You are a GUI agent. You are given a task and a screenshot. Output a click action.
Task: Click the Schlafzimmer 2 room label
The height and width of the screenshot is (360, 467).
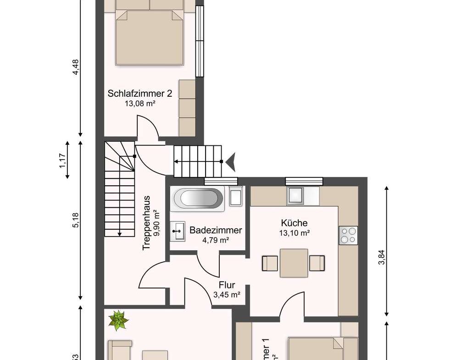(x=140, y=94)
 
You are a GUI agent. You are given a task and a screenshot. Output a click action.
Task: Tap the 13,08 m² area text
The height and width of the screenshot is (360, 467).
(x=140, y=104)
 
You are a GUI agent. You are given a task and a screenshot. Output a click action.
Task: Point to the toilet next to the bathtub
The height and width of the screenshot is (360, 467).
(x=236, y=197)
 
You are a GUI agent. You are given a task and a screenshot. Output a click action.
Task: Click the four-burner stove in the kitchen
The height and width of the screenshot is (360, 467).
(x=348, y=235)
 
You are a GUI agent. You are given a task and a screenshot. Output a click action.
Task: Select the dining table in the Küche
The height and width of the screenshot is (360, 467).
(x=294, y=263)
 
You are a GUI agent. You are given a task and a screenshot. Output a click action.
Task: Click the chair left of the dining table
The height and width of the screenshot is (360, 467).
(x=270, y=263)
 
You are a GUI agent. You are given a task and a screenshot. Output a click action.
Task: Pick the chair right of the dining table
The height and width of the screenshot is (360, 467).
(x=317, y=263)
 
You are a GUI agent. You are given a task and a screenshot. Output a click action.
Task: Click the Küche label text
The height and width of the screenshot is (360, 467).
(x=294, y=223)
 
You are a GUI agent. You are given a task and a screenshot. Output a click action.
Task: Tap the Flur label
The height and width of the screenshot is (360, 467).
(x=227, y=285)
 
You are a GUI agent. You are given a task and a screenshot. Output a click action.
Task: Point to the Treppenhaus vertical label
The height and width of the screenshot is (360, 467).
(x=147, y=223)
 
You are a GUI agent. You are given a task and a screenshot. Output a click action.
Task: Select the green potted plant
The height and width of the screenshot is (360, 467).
(x=118, y=320)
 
